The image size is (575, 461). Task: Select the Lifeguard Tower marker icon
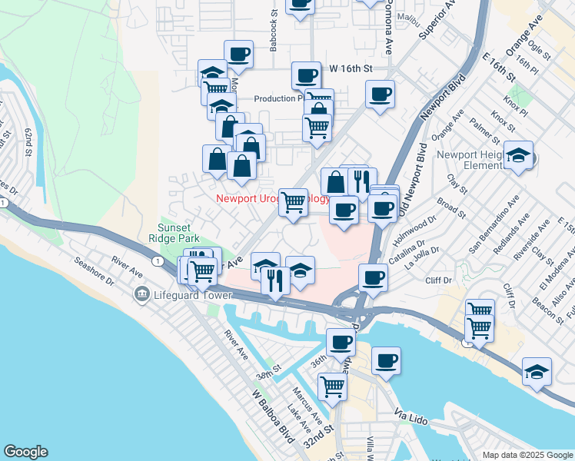[x=141, y=294]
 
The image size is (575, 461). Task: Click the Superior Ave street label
[x=437, y=24]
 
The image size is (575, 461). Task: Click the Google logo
[x=25, y=452]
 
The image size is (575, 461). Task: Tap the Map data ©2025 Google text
[x=527, y=455]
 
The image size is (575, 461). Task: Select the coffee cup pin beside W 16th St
[x=306, y=75]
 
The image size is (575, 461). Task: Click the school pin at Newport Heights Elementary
[x=519, y=158]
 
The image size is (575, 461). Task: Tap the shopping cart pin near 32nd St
[x=331, y=386]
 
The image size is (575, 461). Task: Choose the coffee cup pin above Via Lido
[x=386, y=360]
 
